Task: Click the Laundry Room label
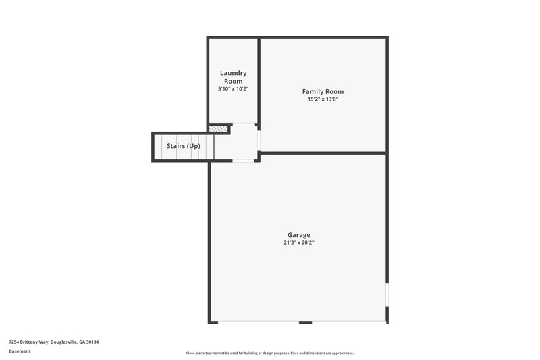(x=233, y=77)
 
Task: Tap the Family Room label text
(x=323, y=91)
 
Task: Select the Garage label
(x=299, y=235)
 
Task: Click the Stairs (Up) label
(x=184, y=146)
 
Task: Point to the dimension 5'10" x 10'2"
(x=233, y=89)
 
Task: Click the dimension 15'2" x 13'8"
(x=323, y=99)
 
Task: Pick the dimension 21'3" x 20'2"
(x=299, y=242)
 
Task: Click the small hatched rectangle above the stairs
(x=217, y=128)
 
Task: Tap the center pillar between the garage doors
(x=305, y=322)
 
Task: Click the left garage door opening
(x=259, y=322)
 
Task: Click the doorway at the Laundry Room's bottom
(x=244, y=124)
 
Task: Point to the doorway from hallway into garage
(x=243, y=161)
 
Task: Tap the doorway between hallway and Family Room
(x=259, y=140)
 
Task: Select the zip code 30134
(x=92, y=342)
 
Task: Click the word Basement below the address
(x=20, y=351)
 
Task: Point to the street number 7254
(x=14, y=342)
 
